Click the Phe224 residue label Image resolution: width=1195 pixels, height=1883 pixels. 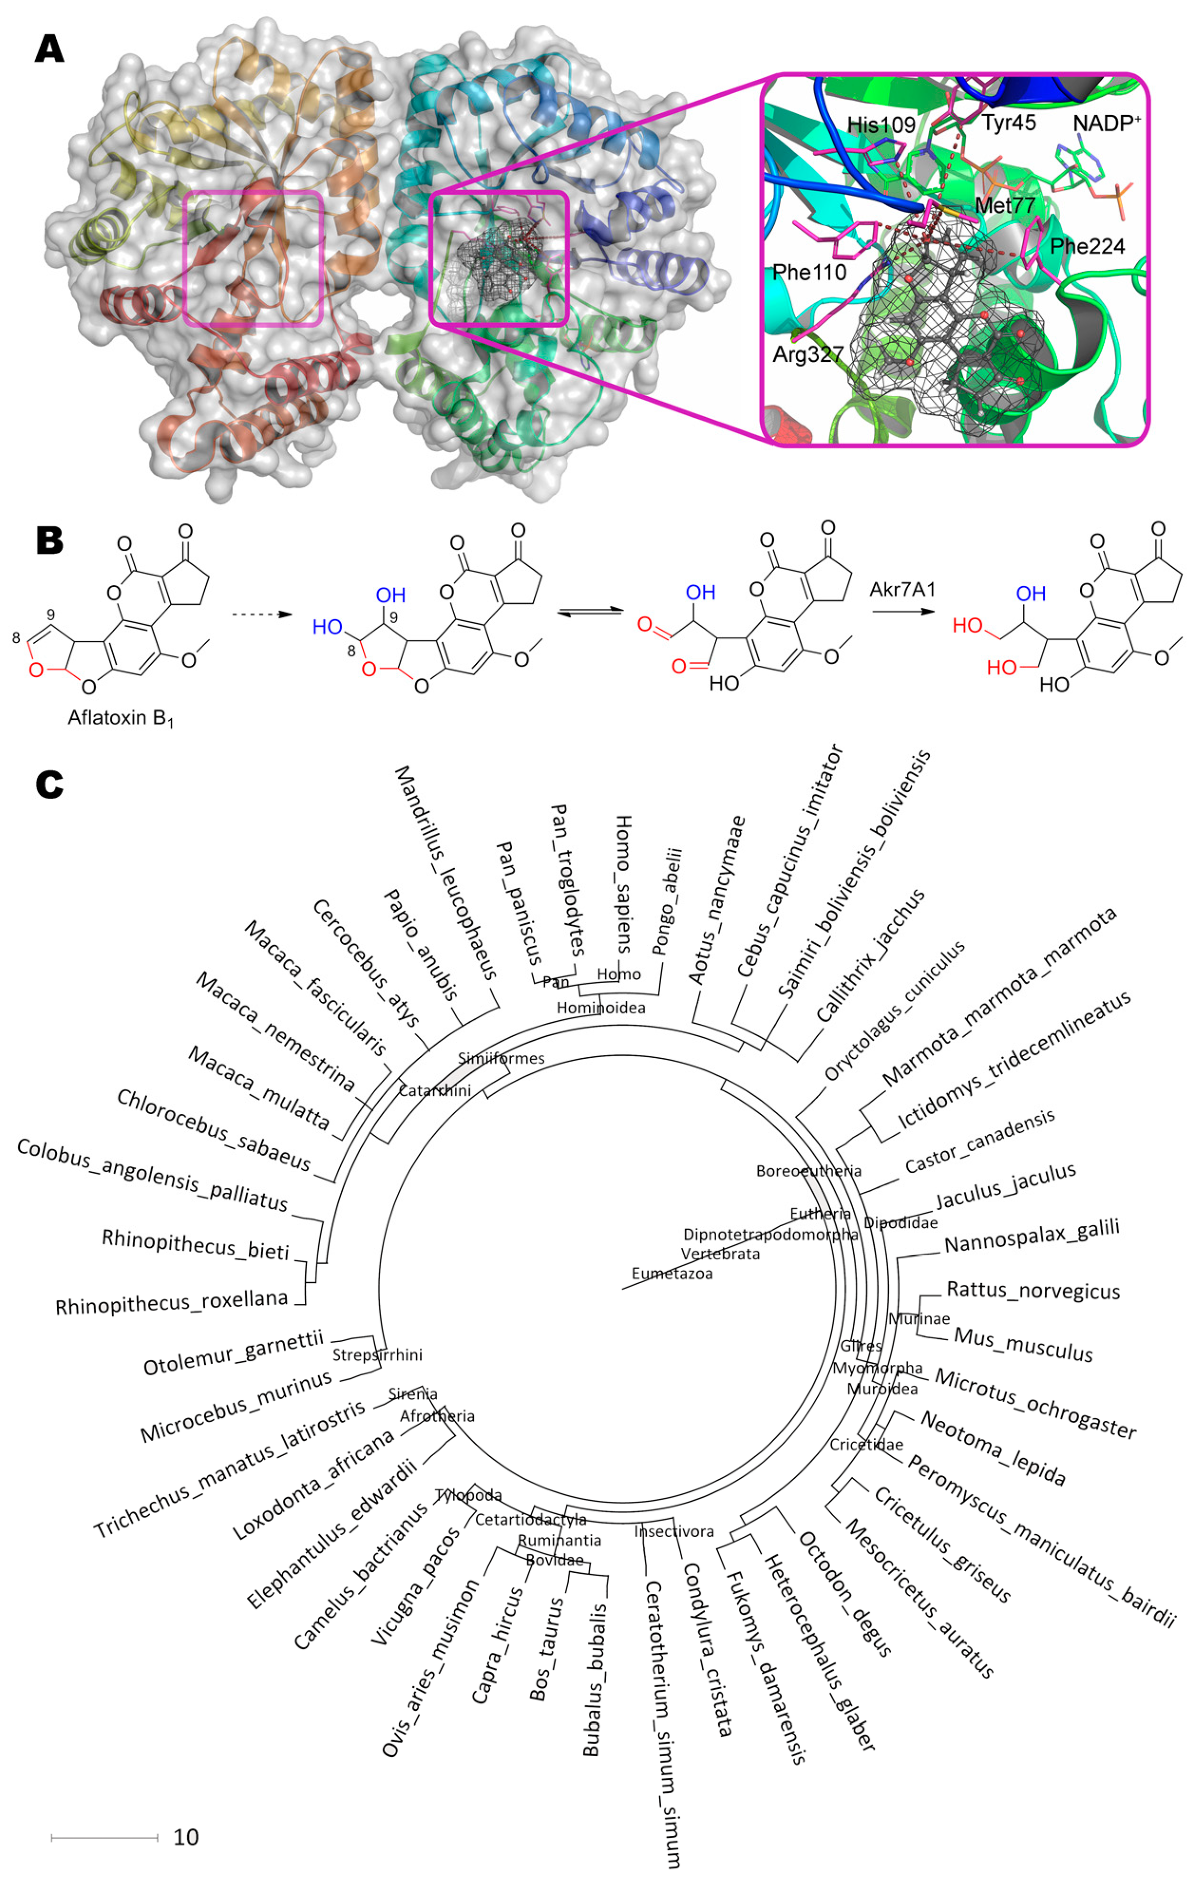pyautogui.click(x=1086, y=247)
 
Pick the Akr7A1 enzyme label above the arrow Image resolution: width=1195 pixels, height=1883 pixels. pyautogui.click(x=902, y=589)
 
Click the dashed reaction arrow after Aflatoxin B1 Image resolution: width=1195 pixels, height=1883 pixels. pyautogui.click(x=262, y=615)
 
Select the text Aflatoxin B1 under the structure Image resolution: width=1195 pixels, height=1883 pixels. pyautogui.click(x=119, y=718)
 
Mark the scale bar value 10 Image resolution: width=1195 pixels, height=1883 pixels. pyautogui.click(x=186, y=1838)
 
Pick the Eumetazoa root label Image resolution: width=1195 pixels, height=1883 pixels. pyautogui.click(x=672, y=1274)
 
